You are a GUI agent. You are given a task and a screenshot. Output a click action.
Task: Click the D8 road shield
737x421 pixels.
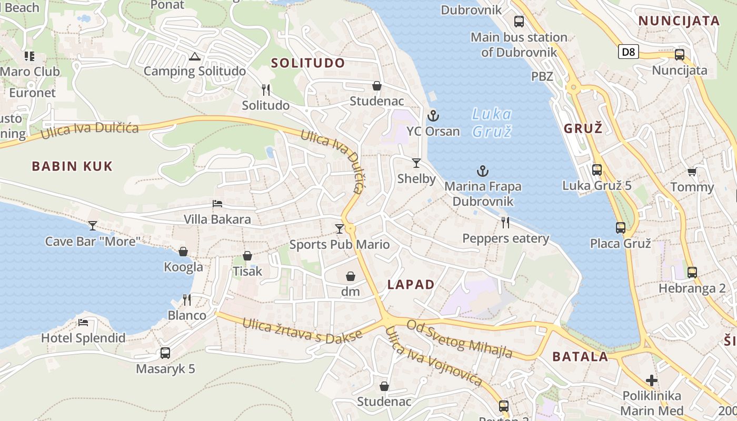(x=628, y=52)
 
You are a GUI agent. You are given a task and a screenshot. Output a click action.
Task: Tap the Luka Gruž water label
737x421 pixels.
(x=492, y=122)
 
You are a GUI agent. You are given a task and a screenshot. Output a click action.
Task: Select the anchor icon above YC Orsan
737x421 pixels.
(x=433, y=116)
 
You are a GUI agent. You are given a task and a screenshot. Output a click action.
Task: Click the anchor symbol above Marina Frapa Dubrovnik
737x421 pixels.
(x=482, y=171)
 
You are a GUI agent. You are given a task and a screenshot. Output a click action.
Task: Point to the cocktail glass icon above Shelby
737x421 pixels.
(x=416, y=163)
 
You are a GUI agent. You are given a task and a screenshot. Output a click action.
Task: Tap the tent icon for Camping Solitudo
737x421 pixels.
(x=194, y=56)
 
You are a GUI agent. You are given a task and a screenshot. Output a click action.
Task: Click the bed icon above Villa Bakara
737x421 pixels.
(x=217, y=204)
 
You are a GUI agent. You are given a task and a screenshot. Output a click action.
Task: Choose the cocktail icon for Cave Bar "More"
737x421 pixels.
(x=93, y=226)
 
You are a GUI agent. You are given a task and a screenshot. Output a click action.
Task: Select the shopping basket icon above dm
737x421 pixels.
(x=350, y=276)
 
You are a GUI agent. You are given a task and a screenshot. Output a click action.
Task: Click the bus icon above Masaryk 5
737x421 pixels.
(x=165, y=353)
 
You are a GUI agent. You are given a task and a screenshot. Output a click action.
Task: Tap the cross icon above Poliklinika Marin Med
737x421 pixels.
(x=652, y=380)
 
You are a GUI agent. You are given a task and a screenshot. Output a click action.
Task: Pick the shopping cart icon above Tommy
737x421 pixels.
(x=692, y=172)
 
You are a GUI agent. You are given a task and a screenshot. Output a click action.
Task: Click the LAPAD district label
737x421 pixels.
(x=411, y=285)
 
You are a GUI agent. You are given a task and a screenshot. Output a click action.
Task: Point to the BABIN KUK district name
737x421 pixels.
(x=72, y=166)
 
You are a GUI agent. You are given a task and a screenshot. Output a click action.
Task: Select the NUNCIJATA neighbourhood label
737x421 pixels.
(x=679, y=21)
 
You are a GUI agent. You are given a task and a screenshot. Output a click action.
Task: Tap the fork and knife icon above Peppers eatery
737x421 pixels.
(x=505, y=223)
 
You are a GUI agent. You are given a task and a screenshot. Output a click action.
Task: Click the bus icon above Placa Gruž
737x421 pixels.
(x=621, y=228)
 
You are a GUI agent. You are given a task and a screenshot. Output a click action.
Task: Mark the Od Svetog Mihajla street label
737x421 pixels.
(x=460, y=339)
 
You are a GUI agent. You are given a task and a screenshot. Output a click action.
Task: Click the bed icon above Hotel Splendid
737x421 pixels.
(x=83, y=323)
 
